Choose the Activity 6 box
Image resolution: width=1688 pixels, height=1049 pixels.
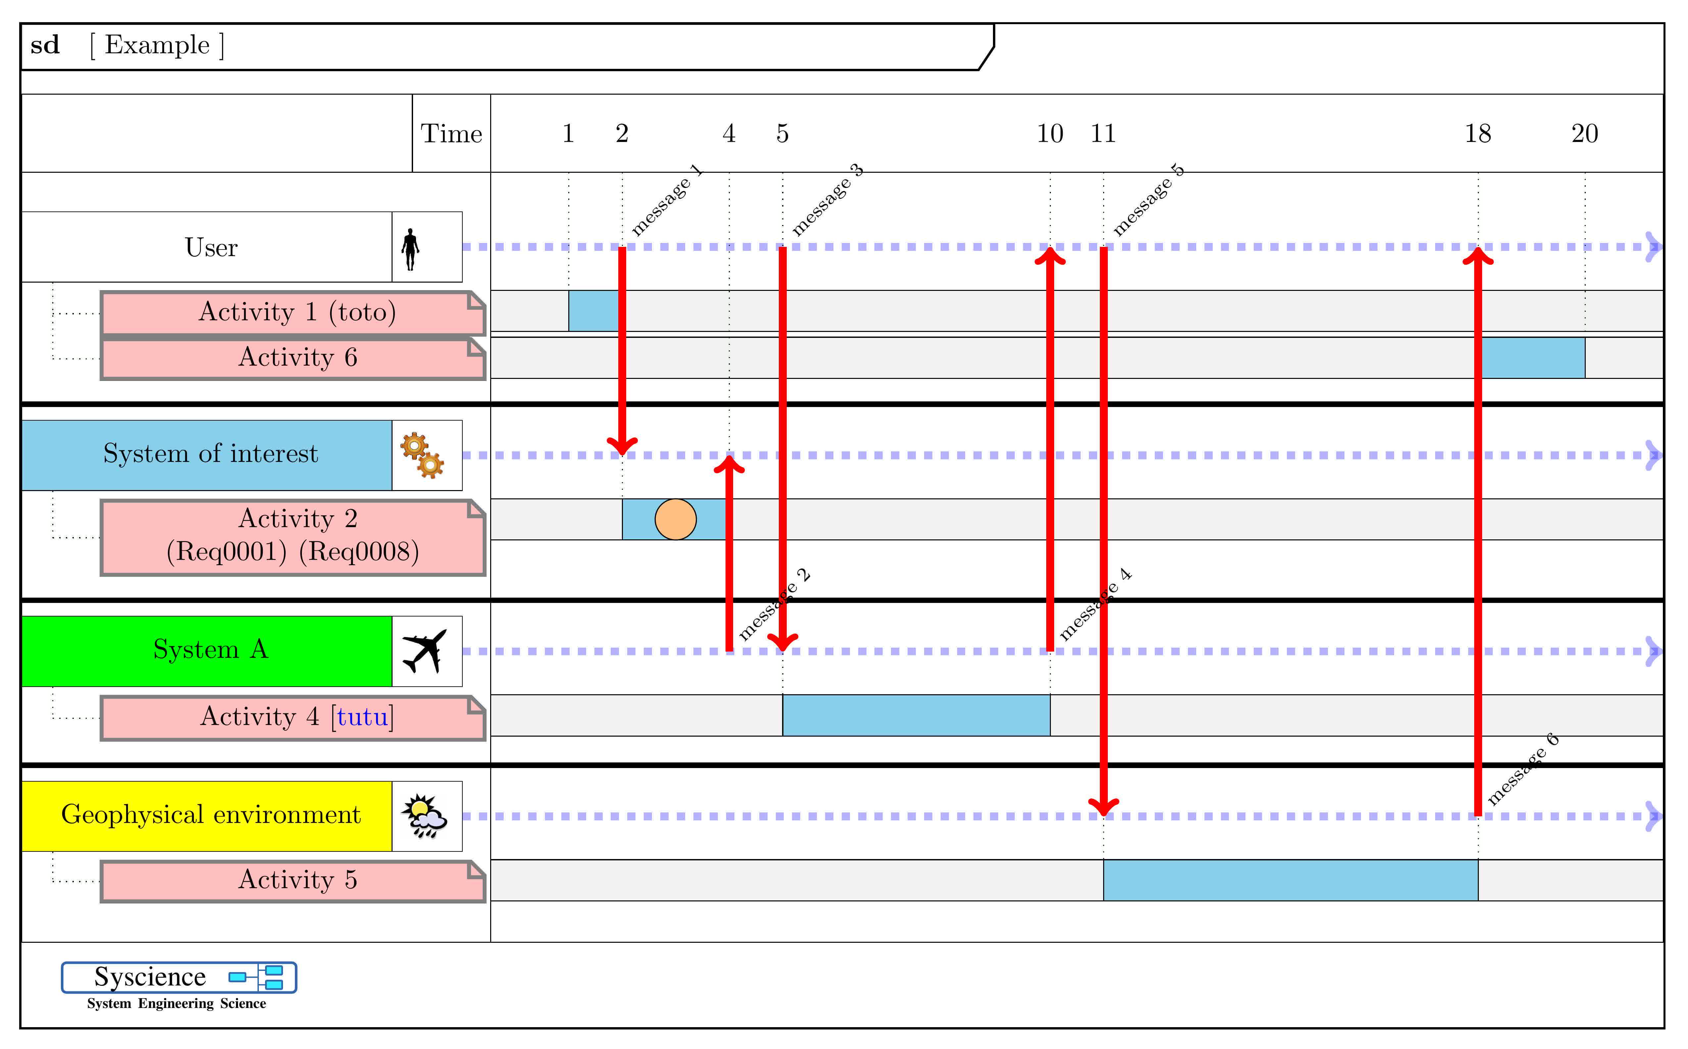click(x=293, y=358)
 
